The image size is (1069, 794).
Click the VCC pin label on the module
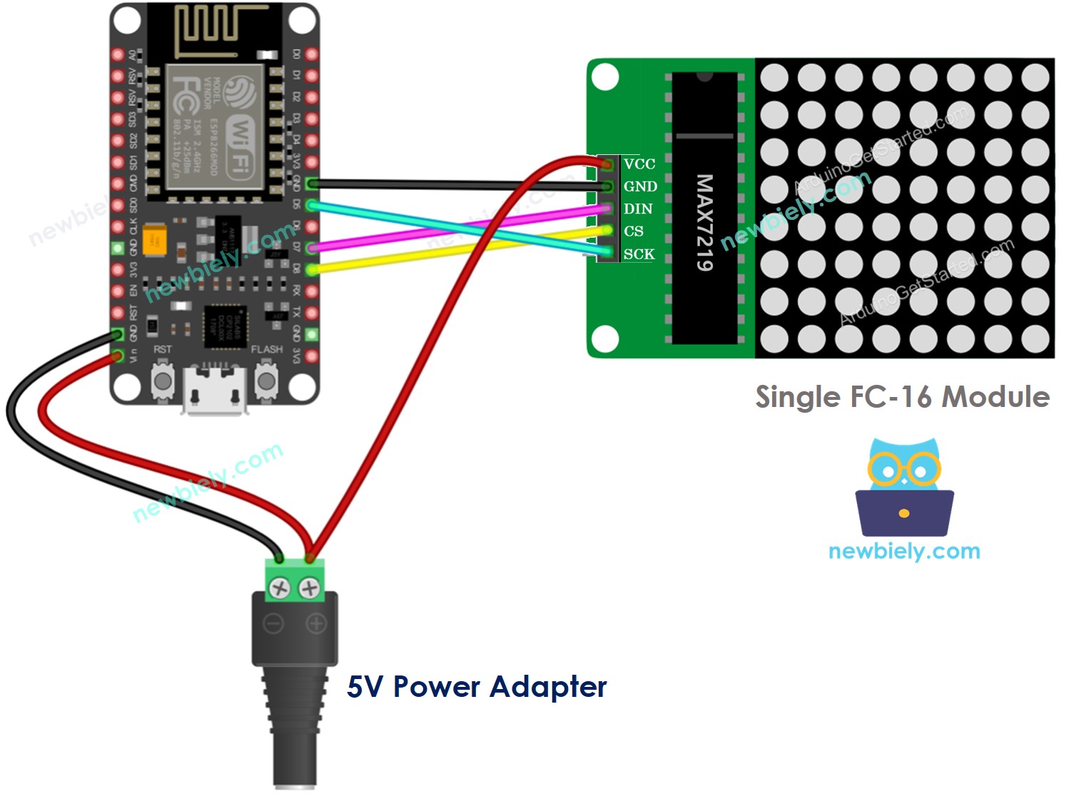pyautogui.click(x=639, y=164)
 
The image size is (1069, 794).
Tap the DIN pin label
pyautogui.click(x=637, y=209)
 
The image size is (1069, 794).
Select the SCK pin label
pyautogui.click(x=639, y=254)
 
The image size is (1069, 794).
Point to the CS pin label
pyautogui.click(x=633, y=231)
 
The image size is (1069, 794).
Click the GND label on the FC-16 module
pyautogui.click(x=640, y=186)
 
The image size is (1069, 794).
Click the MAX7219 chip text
pyautogui.click(x=704, y=222)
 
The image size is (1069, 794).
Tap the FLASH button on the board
pyautogui.click(x=266, y=381)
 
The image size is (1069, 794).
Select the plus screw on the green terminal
pyautogui.click(x=309, y=588)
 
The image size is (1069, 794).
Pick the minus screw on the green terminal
pyautogui.click(x=279, y=588)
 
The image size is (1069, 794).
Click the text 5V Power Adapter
pyautogui.click(x=476, y=687)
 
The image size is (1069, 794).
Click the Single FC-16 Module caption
pyautogui.click(x=902, y=397)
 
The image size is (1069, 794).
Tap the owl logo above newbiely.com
pyautogui.click(x=904, y=488)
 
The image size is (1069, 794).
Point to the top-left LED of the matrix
pyautogui.click(x=774, y=78)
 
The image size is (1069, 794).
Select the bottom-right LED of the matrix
pyautogui.click(x=1035, y=339)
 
